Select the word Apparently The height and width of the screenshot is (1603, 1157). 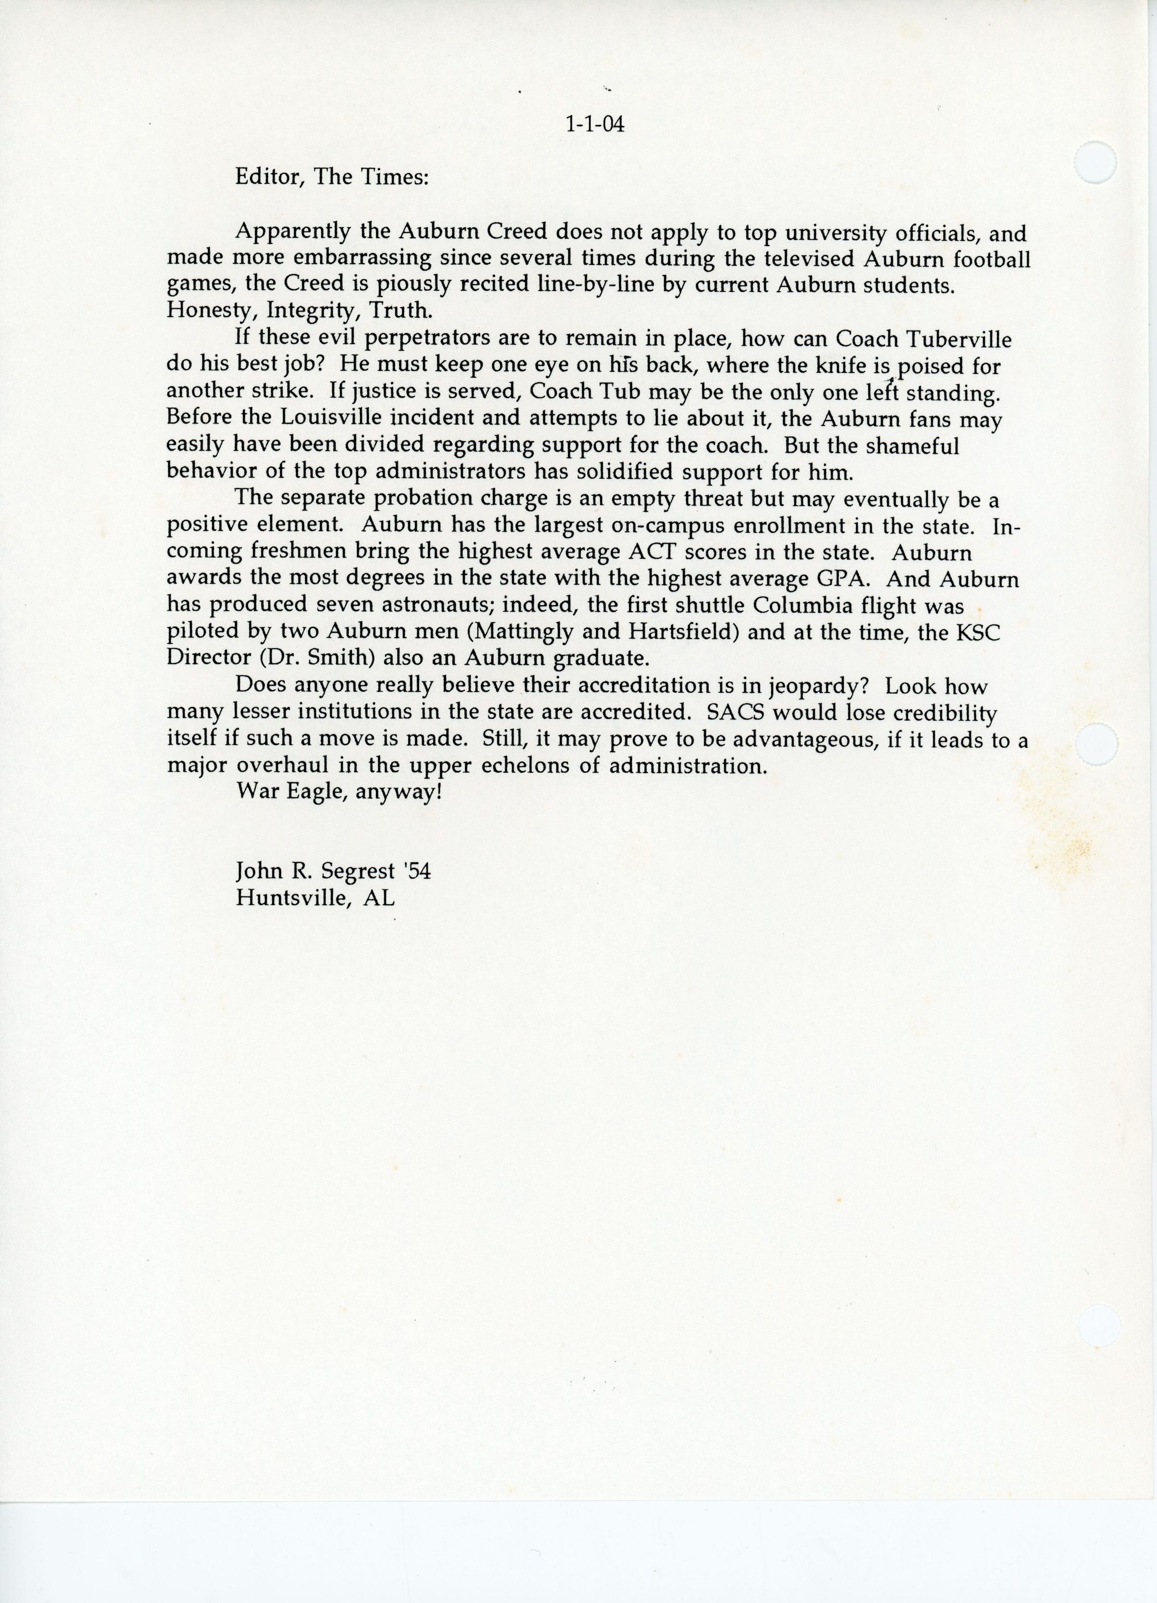pyautogui.click(x=292, y=232)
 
